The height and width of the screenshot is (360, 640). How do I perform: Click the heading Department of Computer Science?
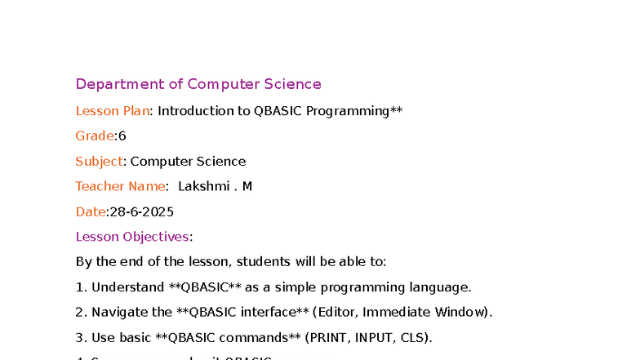[x=198, y=84]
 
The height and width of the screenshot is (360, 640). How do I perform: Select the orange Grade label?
[x=95, y=136]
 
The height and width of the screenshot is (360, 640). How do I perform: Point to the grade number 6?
[x=122, y=136]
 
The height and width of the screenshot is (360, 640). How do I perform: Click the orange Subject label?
[x=99, y=162]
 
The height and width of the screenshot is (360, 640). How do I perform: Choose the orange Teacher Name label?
[x=120, y=187]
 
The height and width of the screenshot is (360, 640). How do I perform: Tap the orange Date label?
[x=91, y=212]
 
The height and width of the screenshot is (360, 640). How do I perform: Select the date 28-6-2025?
[x=141, y=212]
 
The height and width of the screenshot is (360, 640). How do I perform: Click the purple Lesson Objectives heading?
[x=132, y=238]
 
